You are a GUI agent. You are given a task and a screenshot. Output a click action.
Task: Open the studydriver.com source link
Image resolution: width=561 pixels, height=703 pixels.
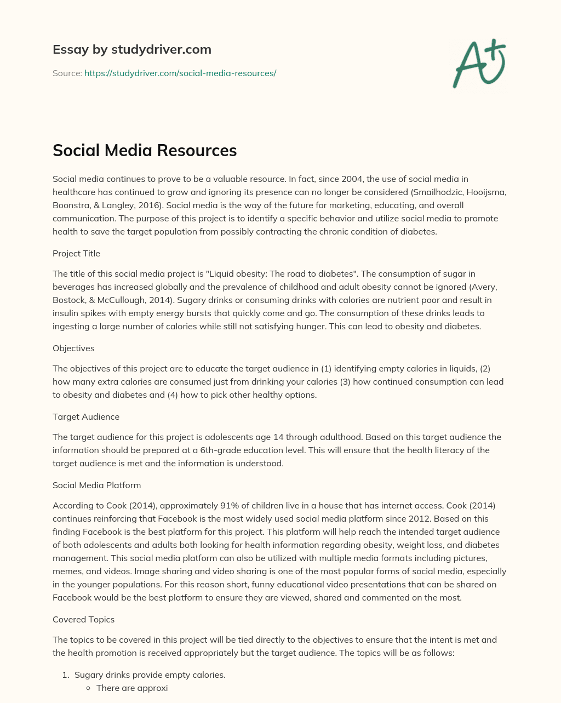180,73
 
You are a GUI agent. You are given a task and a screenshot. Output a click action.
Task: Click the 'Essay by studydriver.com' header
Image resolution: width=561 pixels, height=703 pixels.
131,49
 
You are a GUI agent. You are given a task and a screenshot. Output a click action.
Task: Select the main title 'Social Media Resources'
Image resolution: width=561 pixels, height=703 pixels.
145,150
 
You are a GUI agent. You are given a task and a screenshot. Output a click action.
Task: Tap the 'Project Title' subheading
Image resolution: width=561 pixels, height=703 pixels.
76,253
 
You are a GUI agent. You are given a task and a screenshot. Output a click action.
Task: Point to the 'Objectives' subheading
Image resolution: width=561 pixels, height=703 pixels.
73,348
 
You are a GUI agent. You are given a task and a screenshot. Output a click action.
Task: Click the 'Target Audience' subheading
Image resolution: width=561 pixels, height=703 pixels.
85,416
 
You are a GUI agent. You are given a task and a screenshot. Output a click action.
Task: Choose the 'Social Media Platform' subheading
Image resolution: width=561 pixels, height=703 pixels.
96,485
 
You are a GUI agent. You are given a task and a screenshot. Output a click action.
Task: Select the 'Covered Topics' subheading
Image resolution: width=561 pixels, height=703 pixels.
83,619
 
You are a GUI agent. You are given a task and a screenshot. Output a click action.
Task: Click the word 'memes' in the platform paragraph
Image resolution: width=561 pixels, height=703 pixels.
66,571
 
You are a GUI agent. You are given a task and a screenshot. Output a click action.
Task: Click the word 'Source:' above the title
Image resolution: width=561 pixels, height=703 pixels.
67,73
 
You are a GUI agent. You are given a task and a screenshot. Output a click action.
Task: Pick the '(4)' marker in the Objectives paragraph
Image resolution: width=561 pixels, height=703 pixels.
174,395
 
